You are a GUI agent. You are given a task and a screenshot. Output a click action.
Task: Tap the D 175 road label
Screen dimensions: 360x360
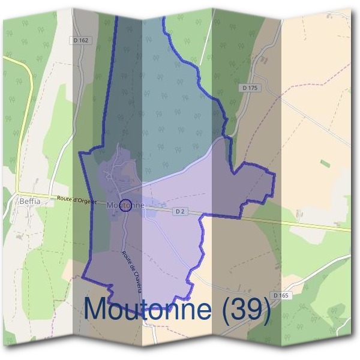pos(250,88)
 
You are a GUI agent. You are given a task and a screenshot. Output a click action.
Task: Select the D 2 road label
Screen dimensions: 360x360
pos(180,211)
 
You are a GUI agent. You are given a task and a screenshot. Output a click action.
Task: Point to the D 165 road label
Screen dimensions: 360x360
pos(280,295)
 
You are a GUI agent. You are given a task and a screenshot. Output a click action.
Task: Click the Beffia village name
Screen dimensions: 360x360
pos(29,202)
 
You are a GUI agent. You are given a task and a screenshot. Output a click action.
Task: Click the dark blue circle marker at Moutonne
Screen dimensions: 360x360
pos(125,206)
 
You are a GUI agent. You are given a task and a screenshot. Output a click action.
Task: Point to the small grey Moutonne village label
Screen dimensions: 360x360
pos(125,206)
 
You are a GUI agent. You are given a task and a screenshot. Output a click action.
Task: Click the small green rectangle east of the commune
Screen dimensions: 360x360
pos(325,163)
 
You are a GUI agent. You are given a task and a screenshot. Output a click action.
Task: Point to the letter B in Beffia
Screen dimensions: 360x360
pos(22,202)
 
